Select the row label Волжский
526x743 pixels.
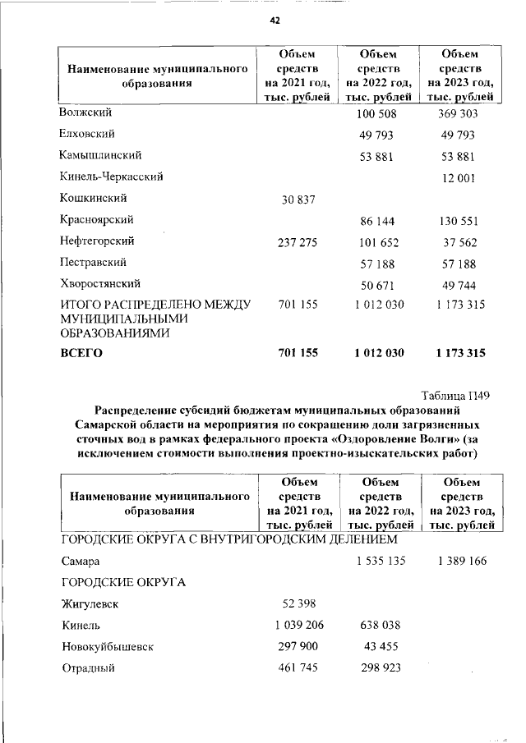(85, 112)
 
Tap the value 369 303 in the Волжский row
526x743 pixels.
(456, 113)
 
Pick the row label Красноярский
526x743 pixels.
(97, 220)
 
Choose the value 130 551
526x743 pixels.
(456, 222)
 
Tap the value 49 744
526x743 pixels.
(459, 286)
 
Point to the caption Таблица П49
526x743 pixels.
(456, 395)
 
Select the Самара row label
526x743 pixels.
(81, 562)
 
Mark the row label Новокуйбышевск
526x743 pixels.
(107, 647)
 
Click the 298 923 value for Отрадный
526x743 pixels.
(380, 668)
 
